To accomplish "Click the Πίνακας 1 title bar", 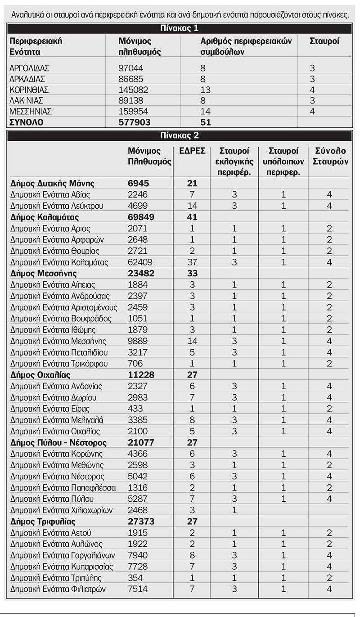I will pos(180,29).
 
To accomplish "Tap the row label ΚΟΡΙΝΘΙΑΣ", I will pos(29,90).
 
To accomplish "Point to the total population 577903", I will pos(135,122).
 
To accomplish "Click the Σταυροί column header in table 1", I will pos(324,41).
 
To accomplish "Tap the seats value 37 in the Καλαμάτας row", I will pos(192,262).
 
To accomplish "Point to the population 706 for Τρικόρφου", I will pos(135,364).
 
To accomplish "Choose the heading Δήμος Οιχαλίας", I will pos(40,375).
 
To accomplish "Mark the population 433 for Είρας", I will pos(135,409).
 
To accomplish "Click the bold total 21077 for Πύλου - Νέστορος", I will pos(141,442).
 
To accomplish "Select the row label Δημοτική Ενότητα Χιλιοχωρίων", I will pos(61,510).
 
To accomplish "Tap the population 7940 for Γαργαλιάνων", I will pos(138,555).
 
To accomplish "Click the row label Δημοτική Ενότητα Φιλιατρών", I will pos(56,589).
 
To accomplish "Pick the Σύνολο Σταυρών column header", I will pos(331,156).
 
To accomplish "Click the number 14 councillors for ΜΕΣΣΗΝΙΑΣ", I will pos(205,111).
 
